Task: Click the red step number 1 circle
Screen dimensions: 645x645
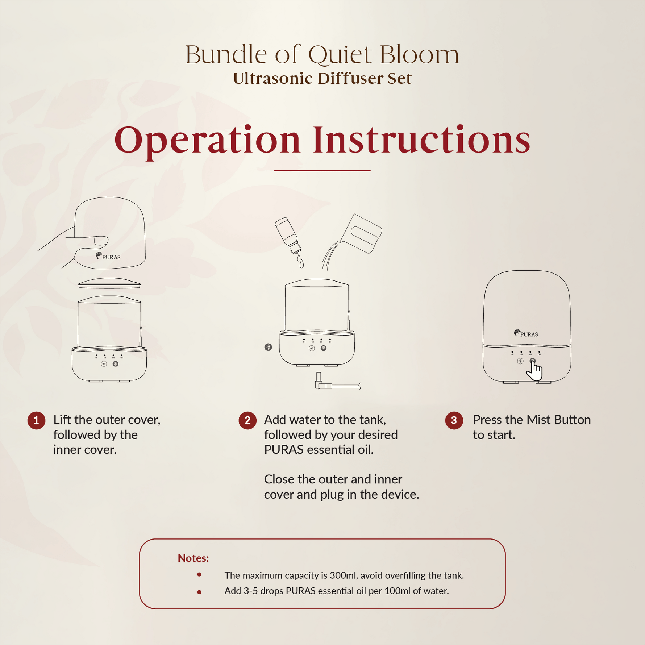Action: [36, 420]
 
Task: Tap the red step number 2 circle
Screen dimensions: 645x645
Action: [247, 420]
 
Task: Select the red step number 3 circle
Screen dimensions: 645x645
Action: [454, 420]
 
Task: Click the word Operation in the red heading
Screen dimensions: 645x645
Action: [207, 141]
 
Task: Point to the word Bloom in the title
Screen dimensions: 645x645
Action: [419, 55]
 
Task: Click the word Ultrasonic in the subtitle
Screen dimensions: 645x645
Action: [272, 78]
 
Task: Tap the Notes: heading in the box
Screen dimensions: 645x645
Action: [193, 558]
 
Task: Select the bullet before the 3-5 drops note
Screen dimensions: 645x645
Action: [199, 592]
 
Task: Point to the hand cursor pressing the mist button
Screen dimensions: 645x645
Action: [534, 371]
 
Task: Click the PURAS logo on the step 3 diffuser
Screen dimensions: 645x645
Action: [526, 333]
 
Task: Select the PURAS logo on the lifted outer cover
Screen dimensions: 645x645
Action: [108, 256]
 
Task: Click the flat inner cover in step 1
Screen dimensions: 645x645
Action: [109, 283]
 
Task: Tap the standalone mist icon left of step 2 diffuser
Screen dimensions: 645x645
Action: [268, 347]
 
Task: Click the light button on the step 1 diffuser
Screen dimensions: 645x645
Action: [104, 364]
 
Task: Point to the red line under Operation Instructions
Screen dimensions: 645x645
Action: [322, 170]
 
